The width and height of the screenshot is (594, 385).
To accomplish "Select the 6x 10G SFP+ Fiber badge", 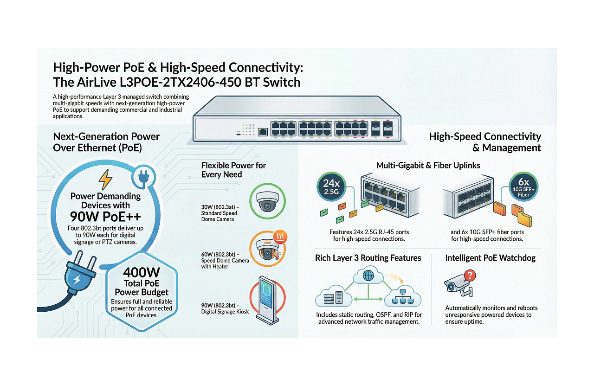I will pyautogui.click(x=523, y=187).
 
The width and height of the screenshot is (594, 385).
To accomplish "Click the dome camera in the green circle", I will pyautogui.click(x=267, y=201).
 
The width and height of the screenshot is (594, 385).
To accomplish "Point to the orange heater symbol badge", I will pyautogui.click(x=280, y=237).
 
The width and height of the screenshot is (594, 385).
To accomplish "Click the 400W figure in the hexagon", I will pyautogui.click(x=142, y=273).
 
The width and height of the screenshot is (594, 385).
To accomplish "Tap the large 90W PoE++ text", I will pyautogui.click(x=106, y=217).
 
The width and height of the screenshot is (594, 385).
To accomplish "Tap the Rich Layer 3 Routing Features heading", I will pyautogui.click(x=368, y=258).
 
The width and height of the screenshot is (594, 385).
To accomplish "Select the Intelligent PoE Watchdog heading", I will pyautogui.click(x=490, y=258).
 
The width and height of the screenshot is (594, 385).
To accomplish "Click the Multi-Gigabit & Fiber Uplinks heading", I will pyautogui.click(x=428, y=165).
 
